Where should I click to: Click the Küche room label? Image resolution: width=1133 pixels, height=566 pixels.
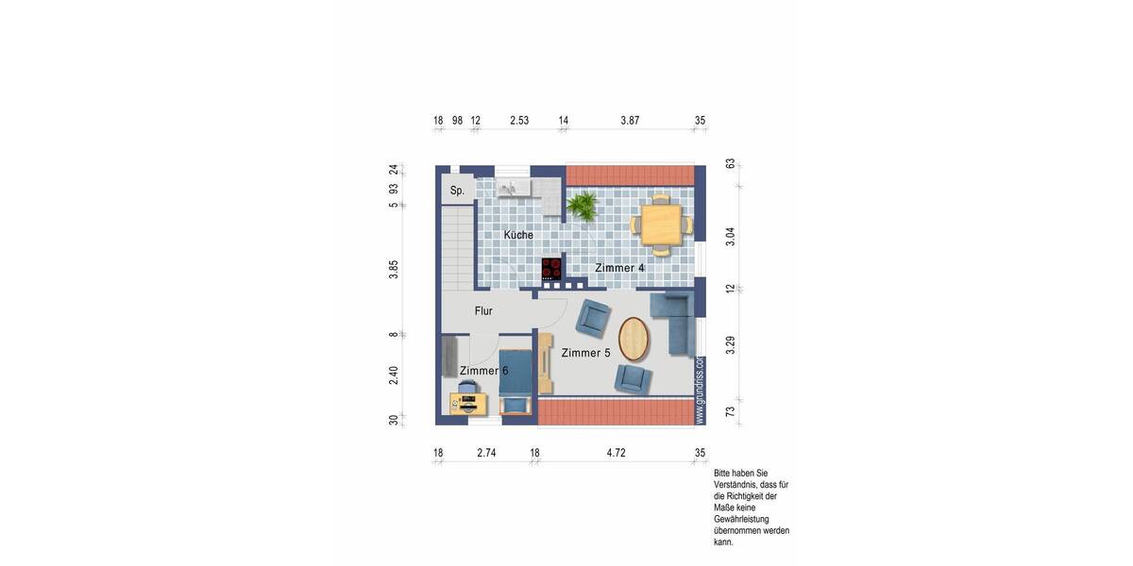pyautogui.click(x=518, y=235)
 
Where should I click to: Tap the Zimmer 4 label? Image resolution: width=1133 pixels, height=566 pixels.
pyautogui.click(x=619, y=268)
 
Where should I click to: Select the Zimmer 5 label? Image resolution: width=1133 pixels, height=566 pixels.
pyautogui.click(x=585, y=353)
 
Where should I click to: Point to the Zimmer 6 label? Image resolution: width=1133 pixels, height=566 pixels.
pyautogui.click(x=483, y=371)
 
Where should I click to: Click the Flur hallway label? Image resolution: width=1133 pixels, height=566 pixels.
pyautogui.click(x=483, y=310)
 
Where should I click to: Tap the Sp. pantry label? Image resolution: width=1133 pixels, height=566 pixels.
pyautogui.click(x=457, y=191)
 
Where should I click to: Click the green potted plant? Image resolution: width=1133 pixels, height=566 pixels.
pyautogui.click(x=582, y=206)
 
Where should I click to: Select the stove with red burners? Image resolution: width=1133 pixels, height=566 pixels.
pyautogui.click(x=551, y=268)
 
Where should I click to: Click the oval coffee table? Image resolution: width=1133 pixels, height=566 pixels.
pyautogui.click(x=634, y=340)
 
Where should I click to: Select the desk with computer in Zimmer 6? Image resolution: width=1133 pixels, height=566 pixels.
pyautogui.click(x=466, y=404)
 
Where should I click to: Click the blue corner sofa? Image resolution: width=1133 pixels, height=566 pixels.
pyautogui.click(x=677, y=321)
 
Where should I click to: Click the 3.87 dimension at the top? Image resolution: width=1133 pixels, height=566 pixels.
pyautogui.click(x=630, y=121)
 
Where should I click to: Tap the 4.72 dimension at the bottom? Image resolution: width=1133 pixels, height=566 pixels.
pyautogui.click(x=616, y=453)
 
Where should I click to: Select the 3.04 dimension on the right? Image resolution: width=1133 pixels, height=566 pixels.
pyautogui.click(x=730, y=237)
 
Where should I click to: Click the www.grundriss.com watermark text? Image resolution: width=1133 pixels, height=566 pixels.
pyautogui.click(x=700, y=389)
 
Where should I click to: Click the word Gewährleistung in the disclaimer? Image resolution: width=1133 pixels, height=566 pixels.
pyautogui.click(x=741, y=519)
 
